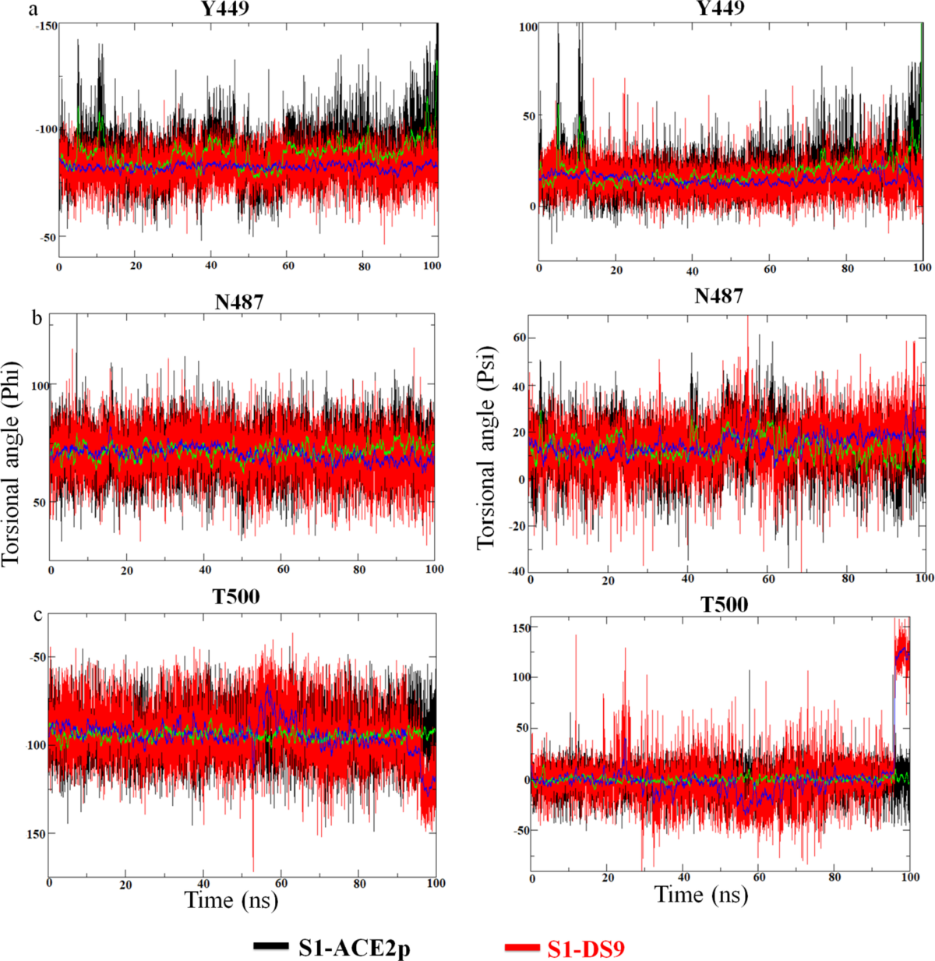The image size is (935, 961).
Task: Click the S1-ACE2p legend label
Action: (355, 948)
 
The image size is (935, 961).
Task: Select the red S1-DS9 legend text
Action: (586, 948)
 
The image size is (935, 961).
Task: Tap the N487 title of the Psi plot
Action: (718, 296)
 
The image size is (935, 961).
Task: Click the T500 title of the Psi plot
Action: (725, 605)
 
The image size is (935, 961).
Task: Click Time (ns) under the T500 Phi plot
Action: (231, 899)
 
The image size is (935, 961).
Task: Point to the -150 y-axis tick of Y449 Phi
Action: (46, 26)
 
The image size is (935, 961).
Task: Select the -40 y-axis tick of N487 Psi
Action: (515, 571)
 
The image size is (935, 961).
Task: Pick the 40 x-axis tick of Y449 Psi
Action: (692, 271)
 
